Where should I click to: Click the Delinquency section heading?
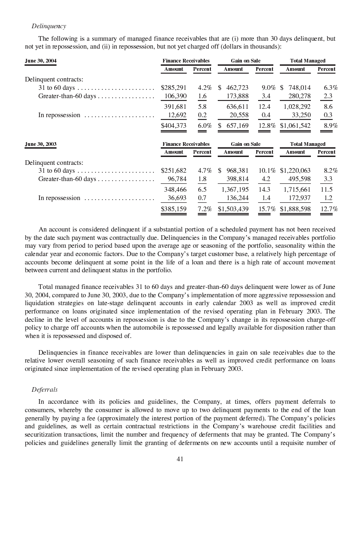(49, 26)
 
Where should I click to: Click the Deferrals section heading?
(44, 389)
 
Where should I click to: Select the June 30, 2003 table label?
(41, 144)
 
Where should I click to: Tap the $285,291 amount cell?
(173, 87)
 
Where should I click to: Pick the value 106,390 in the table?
(176, 96)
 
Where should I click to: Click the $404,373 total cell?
(173, 125)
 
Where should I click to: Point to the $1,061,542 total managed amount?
(296, 125)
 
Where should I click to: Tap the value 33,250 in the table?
(300, 115)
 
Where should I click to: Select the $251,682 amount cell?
(173, 170)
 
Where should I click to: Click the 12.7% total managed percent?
(329, 209)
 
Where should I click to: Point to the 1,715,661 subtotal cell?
(297, 189)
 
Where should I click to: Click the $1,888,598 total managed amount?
(295, 209)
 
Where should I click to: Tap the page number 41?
(180, 458)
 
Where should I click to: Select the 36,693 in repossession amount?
(177, 198)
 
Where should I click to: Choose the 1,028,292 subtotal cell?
(297, 107)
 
